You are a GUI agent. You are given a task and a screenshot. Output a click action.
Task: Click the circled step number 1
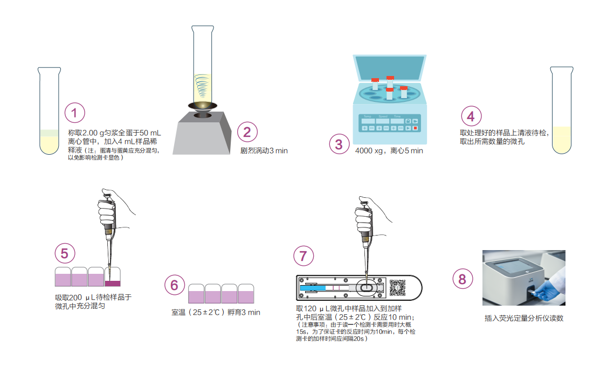click(x=74, y=113)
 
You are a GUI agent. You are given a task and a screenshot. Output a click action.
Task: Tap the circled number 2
click(x=247, y=132)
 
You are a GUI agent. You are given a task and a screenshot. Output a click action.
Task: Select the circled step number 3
click(x=339, y=144)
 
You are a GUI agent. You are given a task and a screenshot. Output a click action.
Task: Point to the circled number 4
click(x=471, y=116)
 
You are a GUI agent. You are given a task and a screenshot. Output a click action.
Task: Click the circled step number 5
click(x=65, y=253)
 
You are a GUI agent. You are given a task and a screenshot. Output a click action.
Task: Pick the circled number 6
click(x=175, y=285)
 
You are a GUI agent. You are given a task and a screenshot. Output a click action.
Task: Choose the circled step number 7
click(x=303, y=256)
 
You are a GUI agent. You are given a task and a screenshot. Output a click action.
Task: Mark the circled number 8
click(x=463, y=279)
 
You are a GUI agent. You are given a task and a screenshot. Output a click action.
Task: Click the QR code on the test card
click(x=397, y=288)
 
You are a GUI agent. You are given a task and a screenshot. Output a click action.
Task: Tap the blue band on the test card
click(x=313, y=288)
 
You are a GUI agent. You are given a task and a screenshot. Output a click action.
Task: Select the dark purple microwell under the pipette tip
click(x=113, y=284)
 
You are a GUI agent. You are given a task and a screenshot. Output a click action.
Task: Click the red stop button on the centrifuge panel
click(x=416, y=128)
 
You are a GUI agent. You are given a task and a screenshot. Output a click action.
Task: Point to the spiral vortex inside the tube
click(x=202, y=86)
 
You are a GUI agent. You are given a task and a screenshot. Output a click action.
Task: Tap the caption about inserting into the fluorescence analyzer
click(x=524, y=318)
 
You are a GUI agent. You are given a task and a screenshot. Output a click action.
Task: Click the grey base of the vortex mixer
click(x=202, y=134)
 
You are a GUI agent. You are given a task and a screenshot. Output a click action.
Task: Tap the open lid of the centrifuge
click(x=390, y=68)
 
